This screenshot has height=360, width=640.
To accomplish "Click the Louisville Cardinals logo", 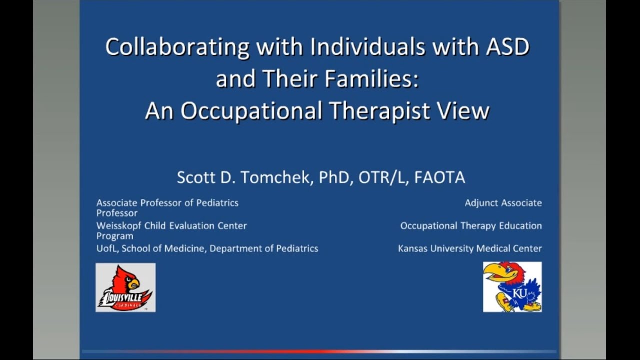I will pyautogui.click(x=125, y=288).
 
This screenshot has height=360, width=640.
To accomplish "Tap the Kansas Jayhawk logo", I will pyautogui.click(x=512, y=287).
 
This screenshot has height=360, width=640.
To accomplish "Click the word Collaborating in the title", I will pyautogui.click(x=177, y=48).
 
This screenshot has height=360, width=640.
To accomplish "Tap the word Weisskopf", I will pyautogui.click(x=118, y=226).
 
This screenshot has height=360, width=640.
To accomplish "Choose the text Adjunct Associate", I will pyautogui.click(x=503, y=203).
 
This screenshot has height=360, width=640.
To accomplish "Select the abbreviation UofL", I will pyautogui.click(x=107, y=248).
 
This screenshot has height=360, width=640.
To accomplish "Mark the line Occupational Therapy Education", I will pyautogui.click(x=471, y=226).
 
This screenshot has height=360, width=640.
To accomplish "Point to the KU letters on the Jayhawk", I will pyautogui.click(x=520, y=293).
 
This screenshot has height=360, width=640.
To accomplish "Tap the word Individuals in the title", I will pyautogui.click(x=367, y=48).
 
